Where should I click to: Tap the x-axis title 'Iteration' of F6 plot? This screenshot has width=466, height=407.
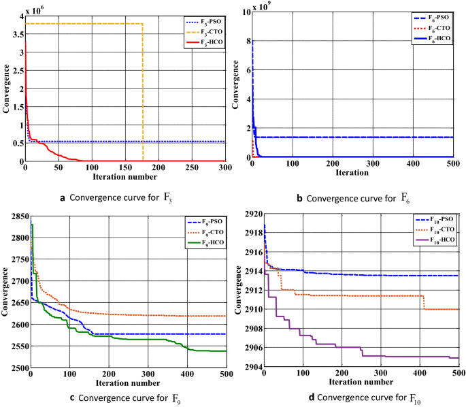[354, 173]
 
